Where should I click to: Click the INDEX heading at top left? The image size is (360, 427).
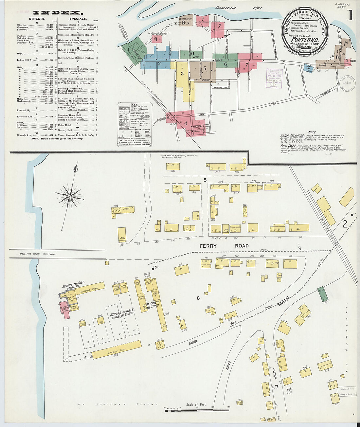[x=57, y=13]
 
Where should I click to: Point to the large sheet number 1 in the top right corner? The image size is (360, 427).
[x=350, y=16]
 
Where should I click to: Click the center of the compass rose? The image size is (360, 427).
[x=69, y=196]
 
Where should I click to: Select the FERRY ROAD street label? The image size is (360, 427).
[x=224, y=246]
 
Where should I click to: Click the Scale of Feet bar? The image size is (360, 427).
[x=196, y=408]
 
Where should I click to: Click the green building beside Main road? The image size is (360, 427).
[x=323, y=294]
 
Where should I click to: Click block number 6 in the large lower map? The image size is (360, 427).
[x=198, y=298]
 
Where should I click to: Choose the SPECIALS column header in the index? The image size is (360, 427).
[x=78, y=19]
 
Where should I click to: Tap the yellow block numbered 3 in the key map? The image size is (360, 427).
[x=182, y=73]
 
